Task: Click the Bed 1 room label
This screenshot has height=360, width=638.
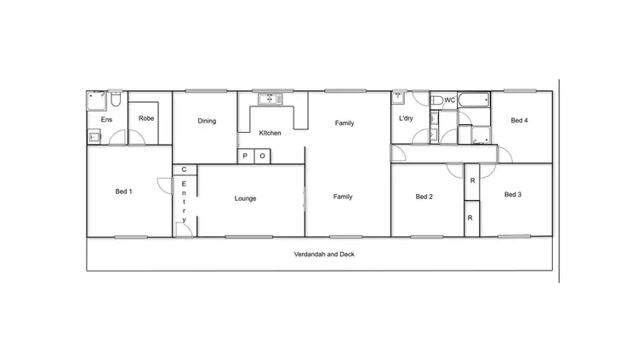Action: (x=123, y=191)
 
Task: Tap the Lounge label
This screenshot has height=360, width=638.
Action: (x=246, y=198)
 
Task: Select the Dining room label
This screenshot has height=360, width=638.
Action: (x=207, y=121)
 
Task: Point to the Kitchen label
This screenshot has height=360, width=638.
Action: (x=271, y=133)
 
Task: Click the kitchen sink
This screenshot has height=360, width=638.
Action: (x=270, y=100)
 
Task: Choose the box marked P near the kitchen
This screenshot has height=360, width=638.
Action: (x=245, y=157)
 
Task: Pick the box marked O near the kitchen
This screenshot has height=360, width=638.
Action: (x=262, y=157)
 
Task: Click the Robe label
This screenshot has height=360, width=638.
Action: (x=146, y=118)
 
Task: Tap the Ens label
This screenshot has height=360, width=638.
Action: (x=106, y=120)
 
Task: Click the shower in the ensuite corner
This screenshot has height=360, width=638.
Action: (x=96, y=100)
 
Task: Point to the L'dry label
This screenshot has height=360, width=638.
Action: (x=406, y=118)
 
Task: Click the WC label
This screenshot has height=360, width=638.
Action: (x=450, y=100)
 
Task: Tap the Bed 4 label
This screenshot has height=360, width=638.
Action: (x=519, y=121)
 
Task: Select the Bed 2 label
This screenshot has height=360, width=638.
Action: (x=424, y=197)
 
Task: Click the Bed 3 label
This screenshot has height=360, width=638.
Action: (x=513, y=194)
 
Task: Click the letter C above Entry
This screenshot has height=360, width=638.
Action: (x=184, y=170)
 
